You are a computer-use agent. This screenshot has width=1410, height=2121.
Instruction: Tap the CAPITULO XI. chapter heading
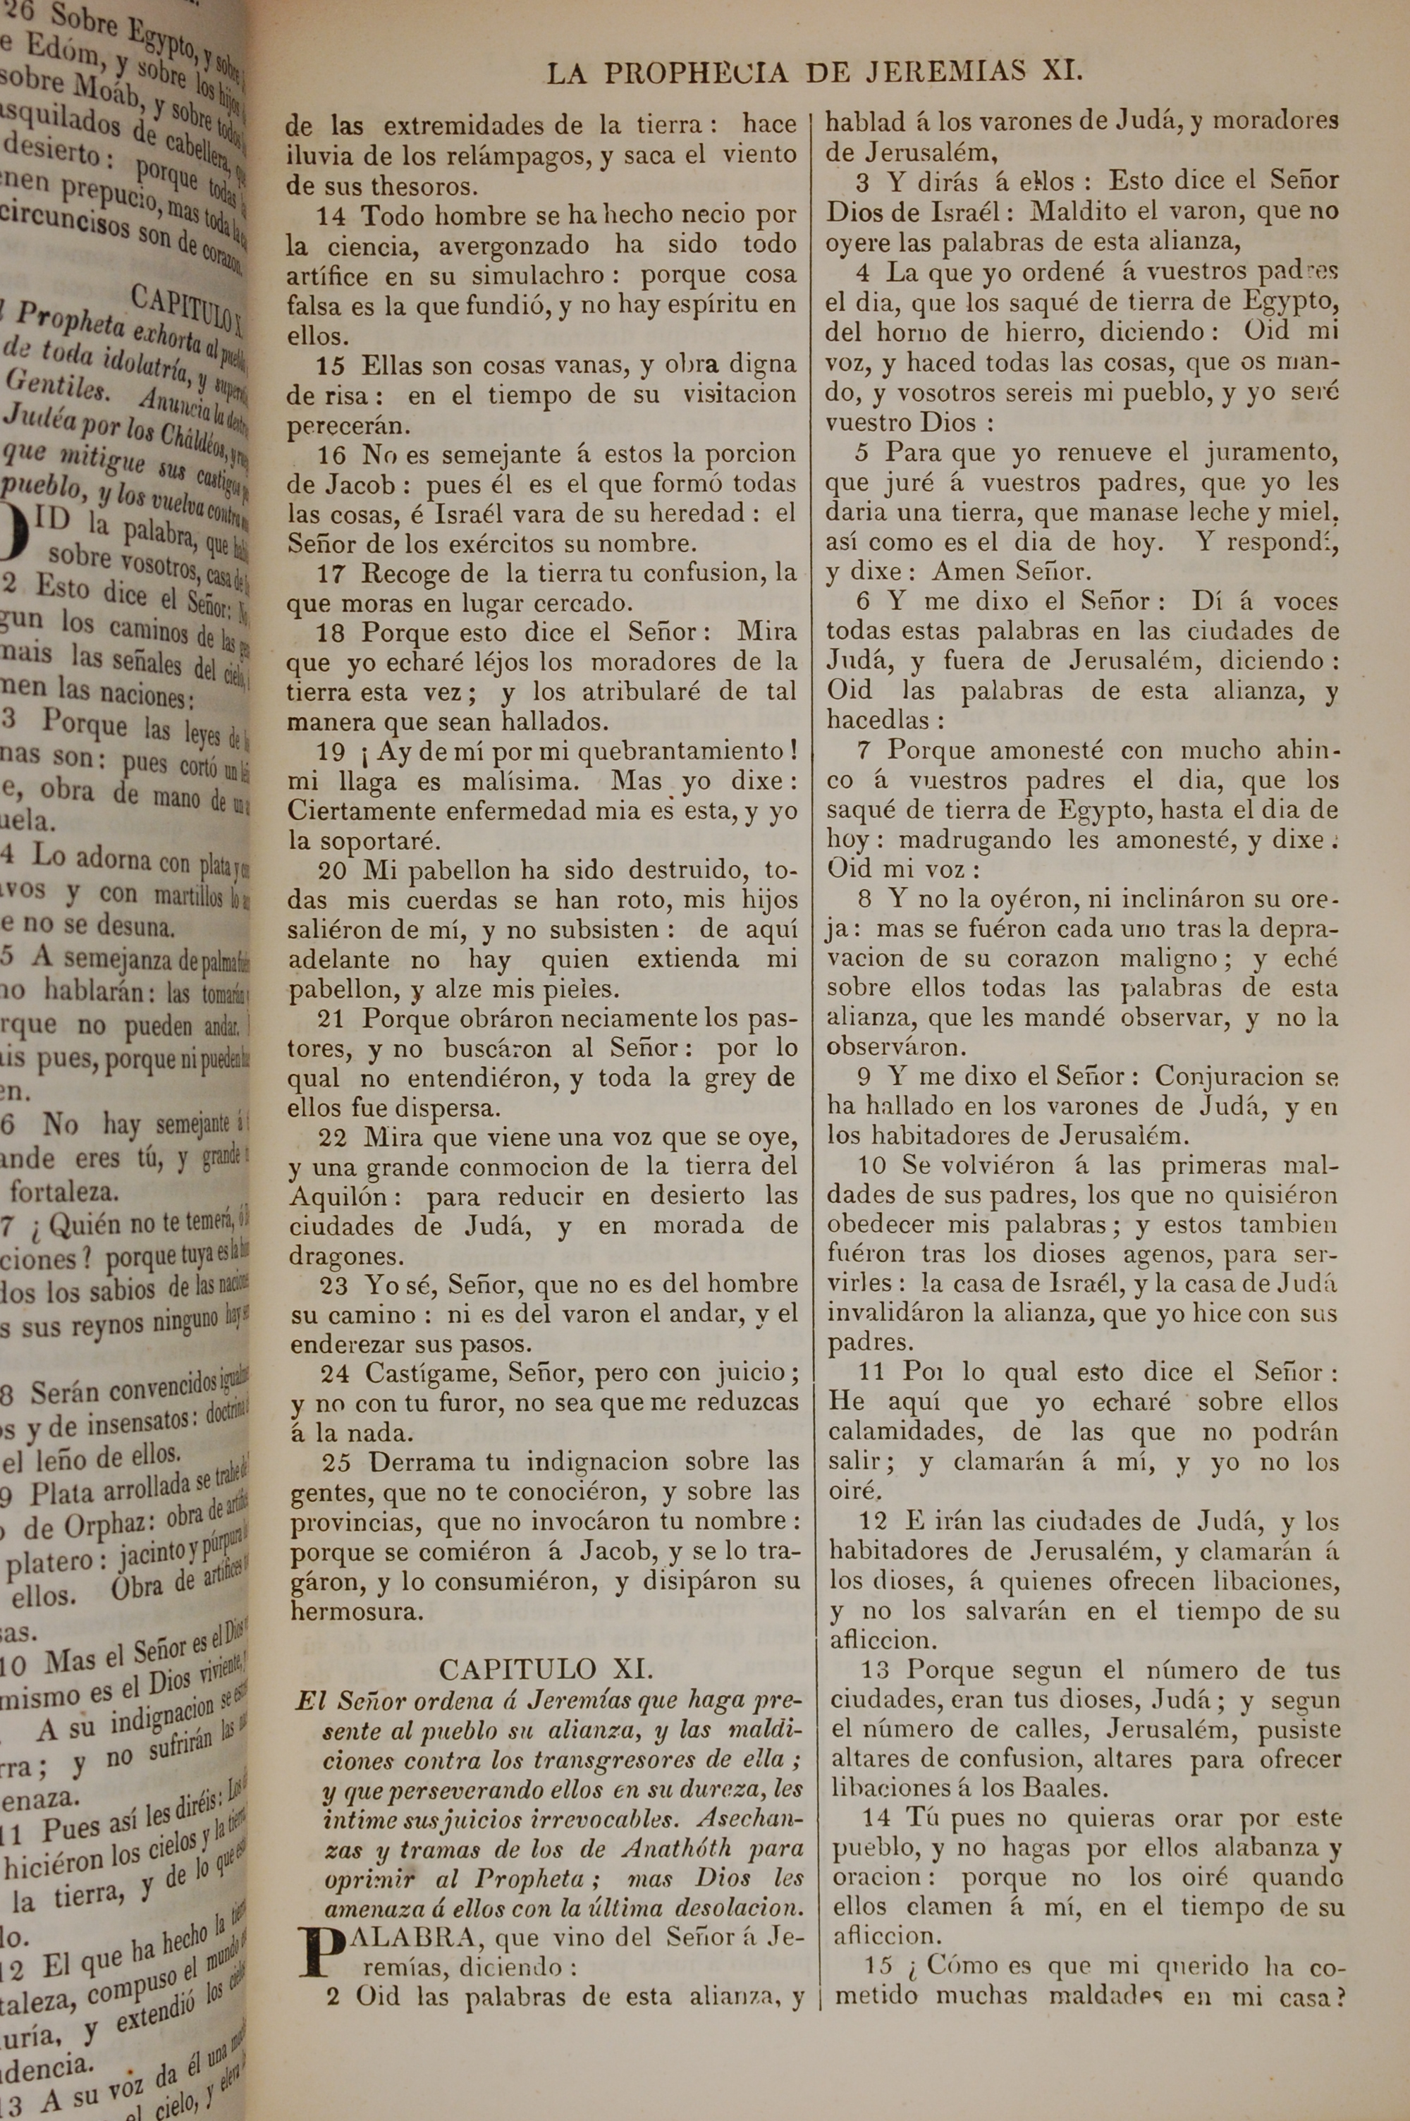pos(545,1670)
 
